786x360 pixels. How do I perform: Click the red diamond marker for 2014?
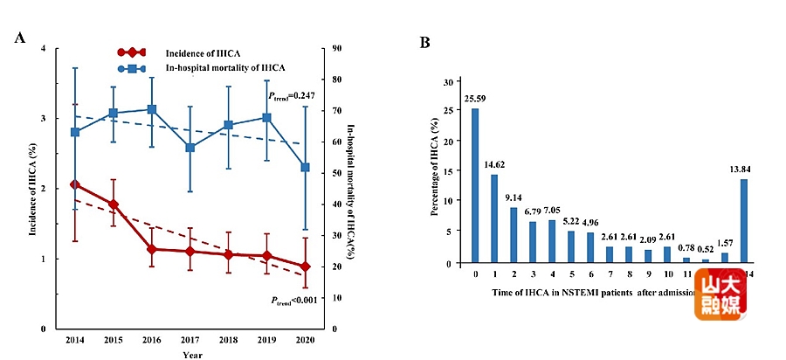(x=74, y=184)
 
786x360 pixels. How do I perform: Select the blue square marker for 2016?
(x=152, y=109)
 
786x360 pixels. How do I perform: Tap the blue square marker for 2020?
(x=305, y=167)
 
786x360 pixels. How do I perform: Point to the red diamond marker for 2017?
(x=190, y=251)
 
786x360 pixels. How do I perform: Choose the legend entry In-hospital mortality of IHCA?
(x=225, y=67)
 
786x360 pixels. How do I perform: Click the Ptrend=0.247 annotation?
(x=291, y=95)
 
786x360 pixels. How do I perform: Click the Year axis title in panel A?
(x=190, y=355)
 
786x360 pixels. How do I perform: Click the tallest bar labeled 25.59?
(x=475, y=185)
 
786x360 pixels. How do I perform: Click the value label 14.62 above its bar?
(x=494, y=164)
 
